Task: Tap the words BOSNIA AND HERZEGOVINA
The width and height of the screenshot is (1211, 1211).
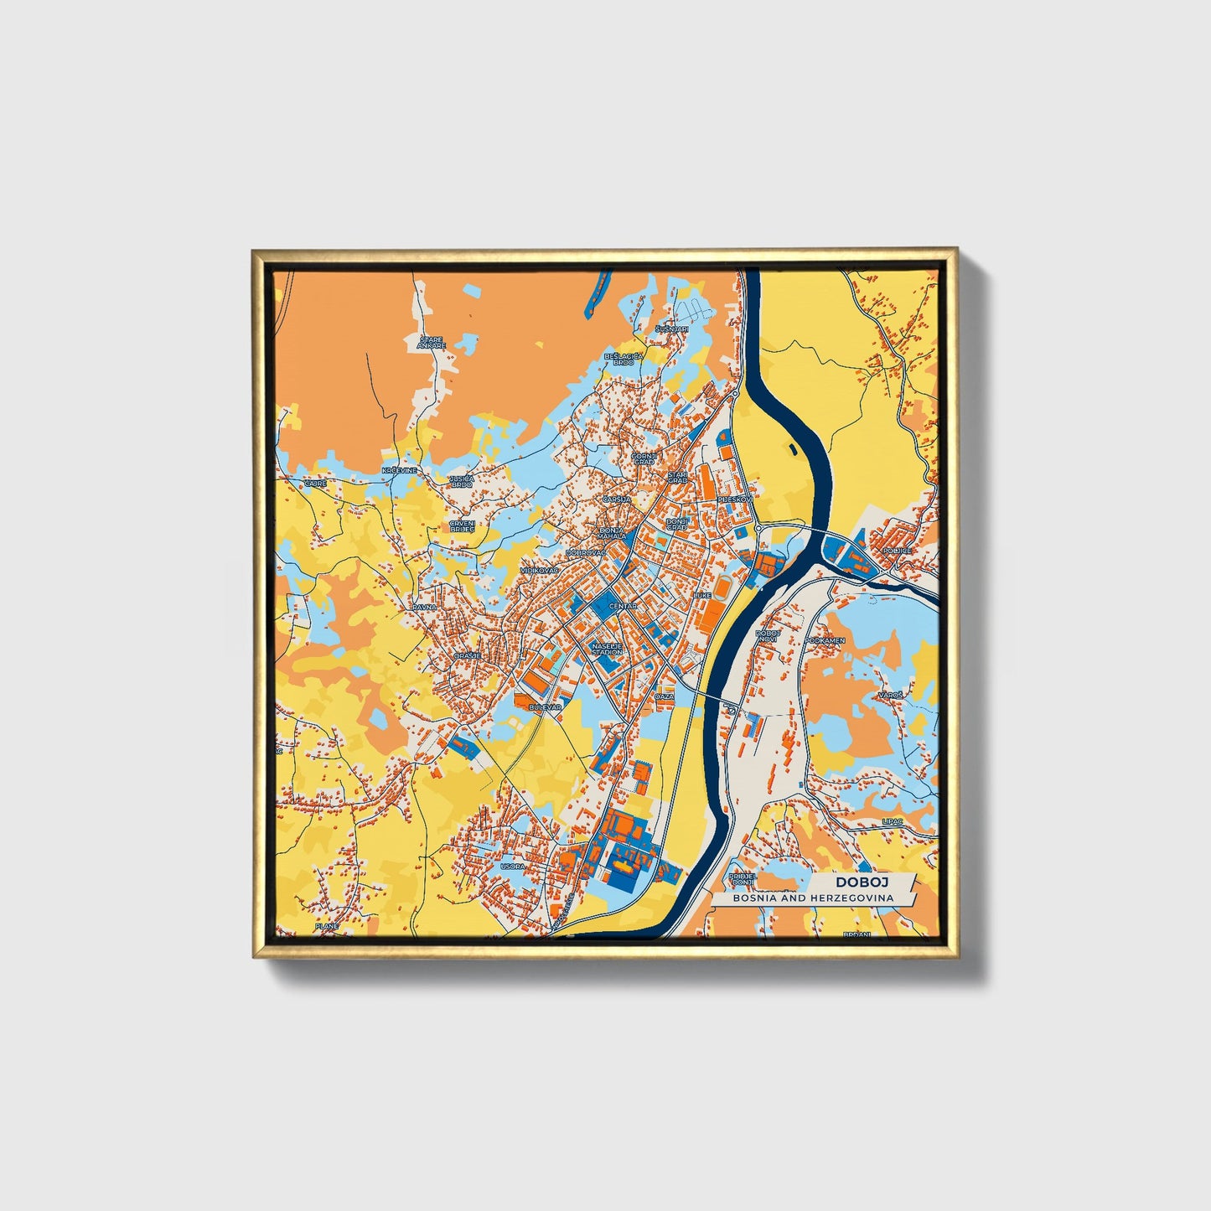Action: coord(812,898)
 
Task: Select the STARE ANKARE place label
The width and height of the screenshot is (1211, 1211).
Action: coord(432,343)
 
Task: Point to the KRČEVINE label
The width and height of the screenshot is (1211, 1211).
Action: coord(399,471)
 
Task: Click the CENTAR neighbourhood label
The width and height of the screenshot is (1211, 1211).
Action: coord(623,605)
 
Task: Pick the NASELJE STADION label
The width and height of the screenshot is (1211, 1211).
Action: coord(608,649)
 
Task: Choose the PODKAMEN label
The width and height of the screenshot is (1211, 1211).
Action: coord(825,640)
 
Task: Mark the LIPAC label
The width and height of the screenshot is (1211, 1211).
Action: coord(892,822)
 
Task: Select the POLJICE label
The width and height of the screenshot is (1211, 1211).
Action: coord(896,551)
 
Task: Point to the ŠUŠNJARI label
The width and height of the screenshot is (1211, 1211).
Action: coord(672,329)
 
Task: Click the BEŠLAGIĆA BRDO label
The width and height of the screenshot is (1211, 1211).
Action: coord(629,359)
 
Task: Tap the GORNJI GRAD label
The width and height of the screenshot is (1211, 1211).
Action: coord(644,458)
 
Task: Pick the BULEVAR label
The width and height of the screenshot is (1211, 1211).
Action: coord(545,707)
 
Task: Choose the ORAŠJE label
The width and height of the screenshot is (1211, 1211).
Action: coord(467,655)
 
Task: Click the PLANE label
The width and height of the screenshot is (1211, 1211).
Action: coord(326,926)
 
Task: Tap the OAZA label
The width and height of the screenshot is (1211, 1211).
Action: coord(665,696)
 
